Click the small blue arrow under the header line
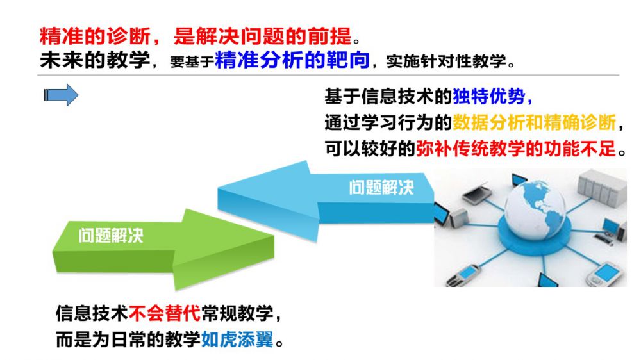(x=61, y=95)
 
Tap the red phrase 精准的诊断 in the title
(x=95, y=37)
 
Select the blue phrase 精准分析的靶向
(x=292, y=60)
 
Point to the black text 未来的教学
(x=95, y=60)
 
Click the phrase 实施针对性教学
(x=445, y=61)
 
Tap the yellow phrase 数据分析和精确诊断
(x=534, y=122)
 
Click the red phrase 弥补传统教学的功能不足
(x=516, y=148)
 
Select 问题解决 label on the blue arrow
(x=381, y=188)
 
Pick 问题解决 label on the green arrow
(x=111, y=235)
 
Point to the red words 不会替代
(x=165, y=313)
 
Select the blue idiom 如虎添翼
(x=237, y=339)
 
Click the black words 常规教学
(x=237, y=313)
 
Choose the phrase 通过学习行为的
(x=388, y=122)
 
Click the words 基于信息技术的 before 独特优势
(x=388, y=97)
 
